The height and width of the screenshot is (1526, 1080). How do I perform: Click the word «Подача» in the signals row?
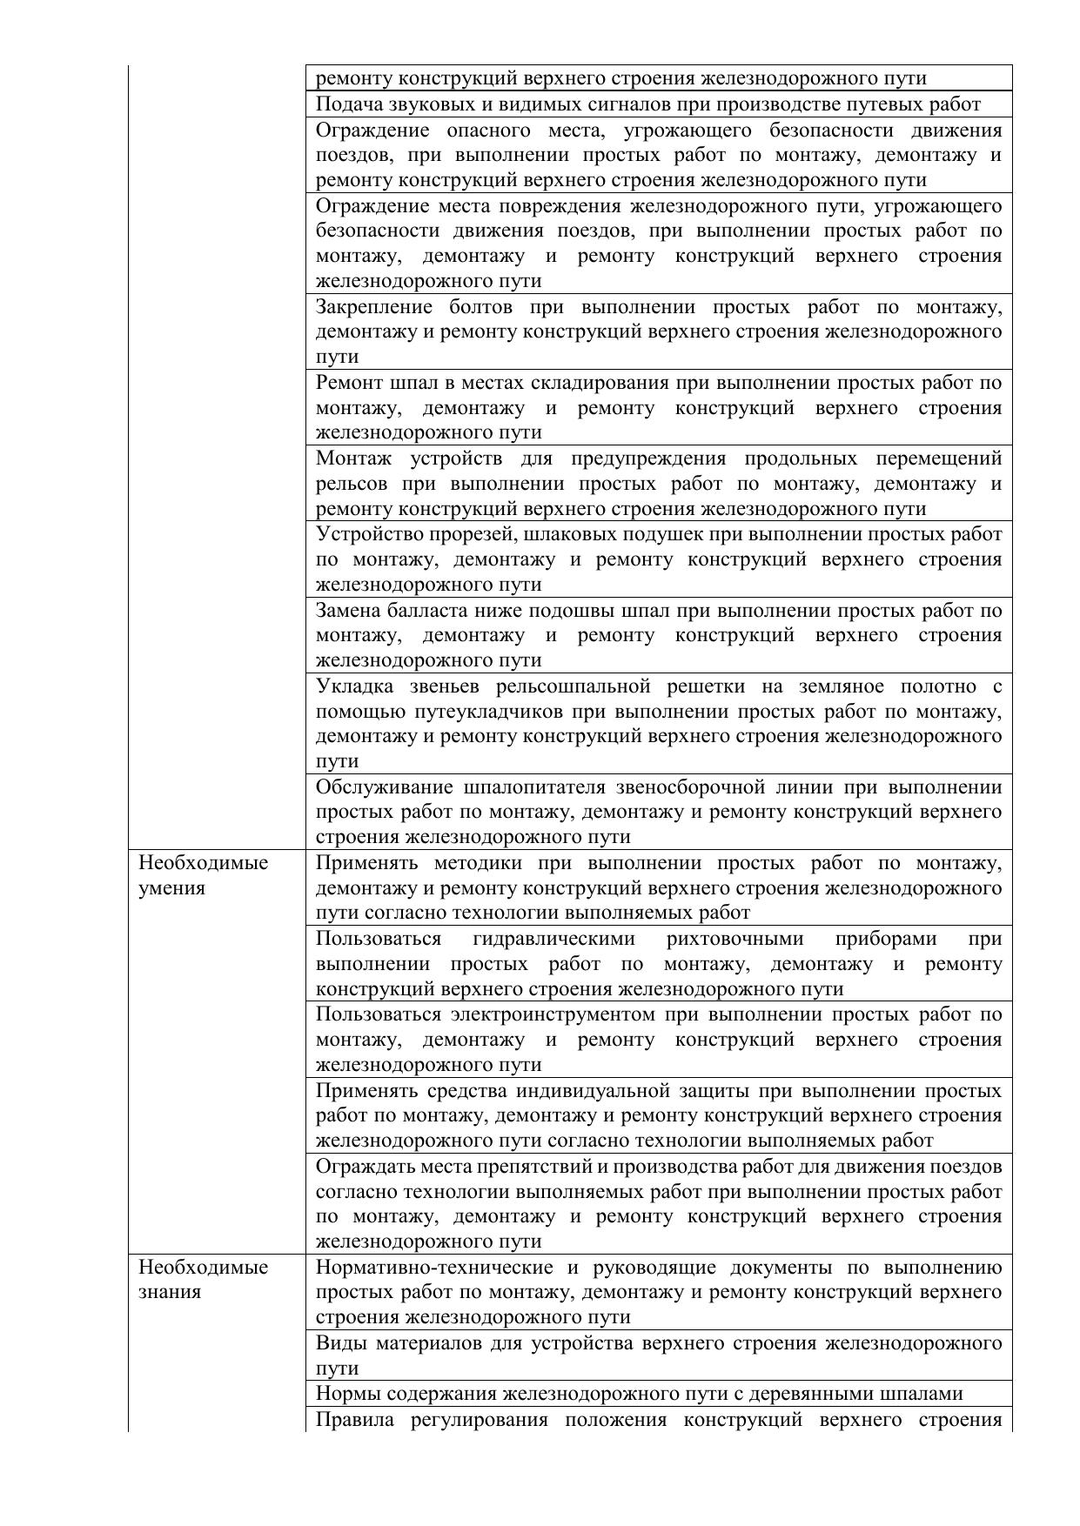click(x=345, y=104)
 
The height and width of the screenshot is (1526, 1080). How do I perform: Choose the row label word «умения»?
click(x=171, y=888)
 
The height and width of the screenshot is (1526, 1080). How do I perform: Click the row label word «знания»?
click(x=170, y=1292)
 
